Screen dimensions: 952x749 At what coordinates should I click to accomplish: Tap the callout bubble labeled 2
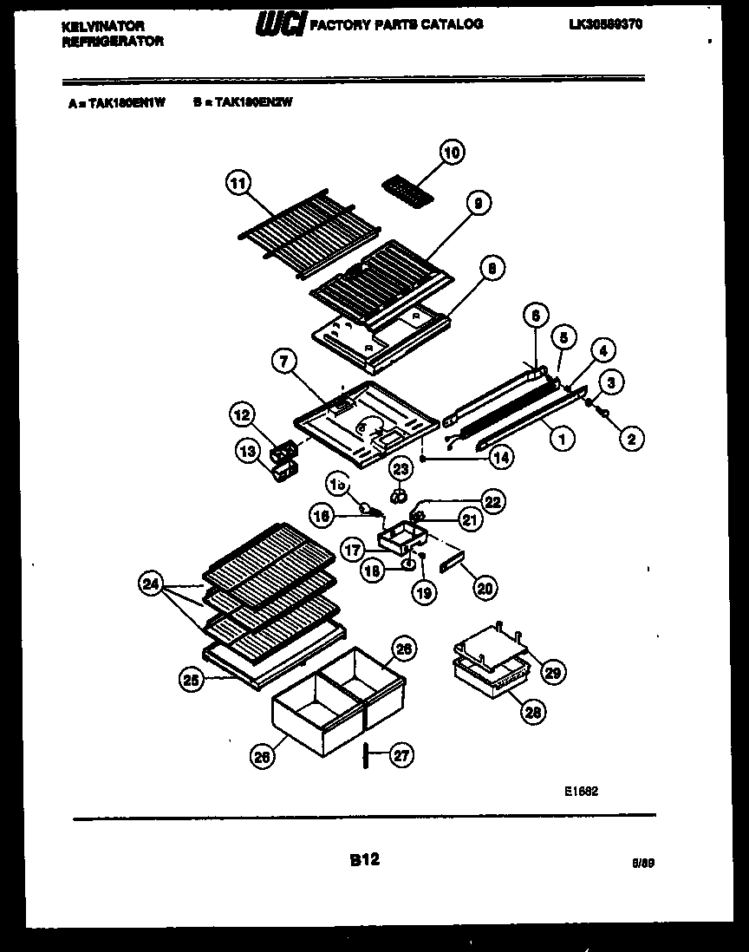tap(630, 440)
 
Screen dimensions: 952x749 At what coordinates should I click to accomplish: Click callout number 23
tap(400, 469)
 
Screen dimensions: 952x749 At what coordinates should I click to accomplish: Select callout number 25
tap(192, 681)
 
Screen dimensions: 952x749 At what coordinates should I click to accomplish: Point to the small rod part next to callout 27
tap(367, 755)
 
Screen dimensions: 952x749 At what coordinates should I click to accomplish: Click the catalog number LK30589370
tap(606, 25)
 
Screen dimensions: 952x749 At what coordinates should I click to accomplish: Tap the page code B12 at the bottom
tap(364, 860)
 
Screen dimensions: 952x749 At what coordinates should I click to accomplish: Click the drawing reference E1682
tap(582, 791)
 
